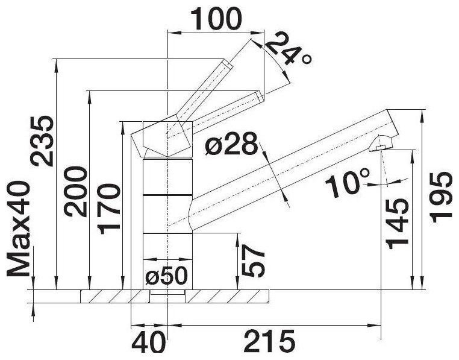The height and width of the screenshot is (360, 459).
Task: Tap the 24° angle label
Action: click(288, 50)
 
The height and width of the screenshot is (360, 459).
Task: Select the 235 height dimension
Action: click(42, 141)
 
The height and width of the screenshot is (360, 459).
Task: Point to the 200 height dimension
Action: click(76, 191)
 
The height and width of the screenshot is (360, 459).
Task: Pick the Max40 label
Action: click(18, 229)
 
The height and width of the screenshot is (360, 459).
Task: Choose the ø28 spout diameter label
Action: click(232, 144)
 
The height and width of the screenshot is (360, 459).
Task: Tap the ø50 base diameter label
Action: click(166, 276)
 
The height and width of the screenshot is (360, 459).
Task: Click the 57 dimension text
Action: click(254, 261)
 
